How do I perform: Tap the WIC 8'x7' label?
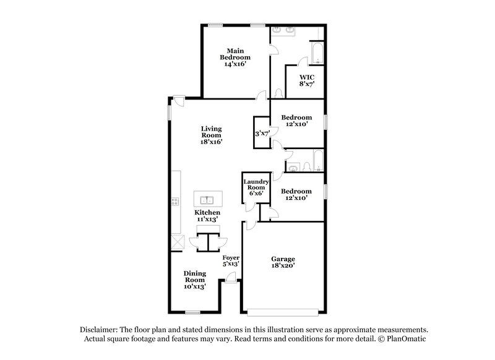[x=307, y=80]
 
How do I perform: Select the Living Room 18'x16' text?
[x=211, y=135]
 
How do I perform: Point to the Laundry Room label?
[x=256, y=186]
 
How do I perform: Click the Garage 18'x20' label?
[x=283, y=263]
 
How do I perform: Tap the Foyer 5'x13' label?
[x=230, y=260]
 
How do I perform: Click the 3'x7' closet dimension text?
[x=262, y=133]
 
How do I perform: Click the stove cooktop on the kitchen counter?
[x=175, y=200]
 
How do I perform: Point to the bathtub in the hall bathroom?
[x=317, y=160]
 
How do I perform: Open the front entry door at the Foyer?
[x=230, y=280]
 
